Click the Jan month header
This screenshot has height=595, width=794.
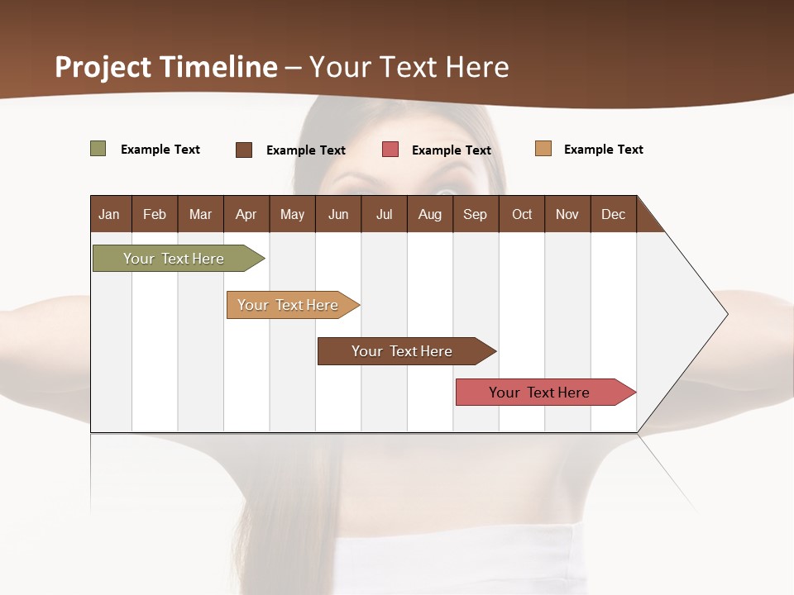[x=109, y=214]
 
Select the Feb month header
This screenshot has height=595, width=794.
[x=155, y=214]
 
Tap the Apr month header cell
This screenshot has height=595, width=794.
[x=246, y=214]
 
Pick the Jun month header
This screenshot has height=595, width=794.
[x=338, y=214]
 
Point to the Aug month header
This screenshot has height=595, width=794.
[x=430, y=214]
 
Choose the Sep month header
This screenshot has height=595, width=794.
[x=476, y=214]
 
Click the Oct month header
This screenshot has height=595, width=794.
[x=522, y=214]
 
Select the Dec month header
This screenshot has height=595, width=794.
[x=614, y=214]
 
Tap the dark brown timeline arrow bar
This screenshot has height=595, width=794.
[x=403, y=351]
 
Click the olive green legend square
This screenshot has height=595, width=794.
[x=98, y=149]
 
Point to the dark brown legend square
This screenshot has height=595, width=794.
[x=244, y=150]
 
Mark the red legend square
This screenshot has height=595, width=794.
[x=390, y=150]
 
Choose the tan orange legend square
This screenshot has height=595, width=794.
[x=543, y=149]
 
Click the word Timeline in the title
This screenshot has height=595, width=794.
[x=218, y=67]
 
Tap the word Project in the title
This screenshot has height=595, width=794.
[x=103, y=67]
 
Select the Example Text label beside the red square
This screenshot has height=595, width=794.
[x=452, y=150]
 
